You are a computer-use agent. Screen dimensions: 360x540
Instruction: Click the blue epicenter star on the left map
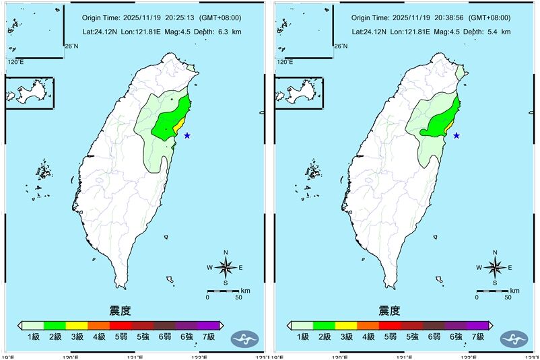(187, 135)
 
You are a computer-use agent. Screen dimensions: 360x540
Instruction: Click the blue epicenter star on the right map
(457, 135)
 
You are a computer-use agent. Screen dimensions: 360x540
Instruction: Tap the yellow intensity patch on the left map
(178, 126)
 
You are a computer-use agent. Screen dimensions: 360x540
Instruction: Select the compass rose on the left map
(226, 267)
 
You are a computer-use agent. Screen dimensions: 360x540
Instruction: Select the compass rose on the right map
(495, 267)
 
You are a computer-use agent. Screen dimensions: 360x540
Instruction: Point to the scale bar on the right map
(493, 291)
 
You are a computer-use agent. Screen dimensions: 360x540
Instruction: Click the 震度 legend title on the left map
(120, 310)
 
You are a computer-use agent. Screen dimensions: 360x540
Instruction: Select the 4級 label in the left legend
(99, 336)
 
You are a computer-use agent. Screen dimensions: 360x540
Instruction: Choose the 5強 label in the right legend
(412, 336)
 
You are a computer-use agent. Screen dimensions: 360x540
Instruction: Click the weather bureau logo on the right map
(514, 338)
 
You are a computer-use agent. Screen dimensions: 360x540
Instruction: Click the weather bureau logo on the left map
(244, 338)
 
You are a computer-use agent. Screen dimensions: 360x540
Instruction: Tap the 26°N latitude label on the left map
(71, 46)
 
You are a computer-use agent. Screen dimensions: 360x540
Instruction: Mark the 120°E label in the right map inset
(285, 62)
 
